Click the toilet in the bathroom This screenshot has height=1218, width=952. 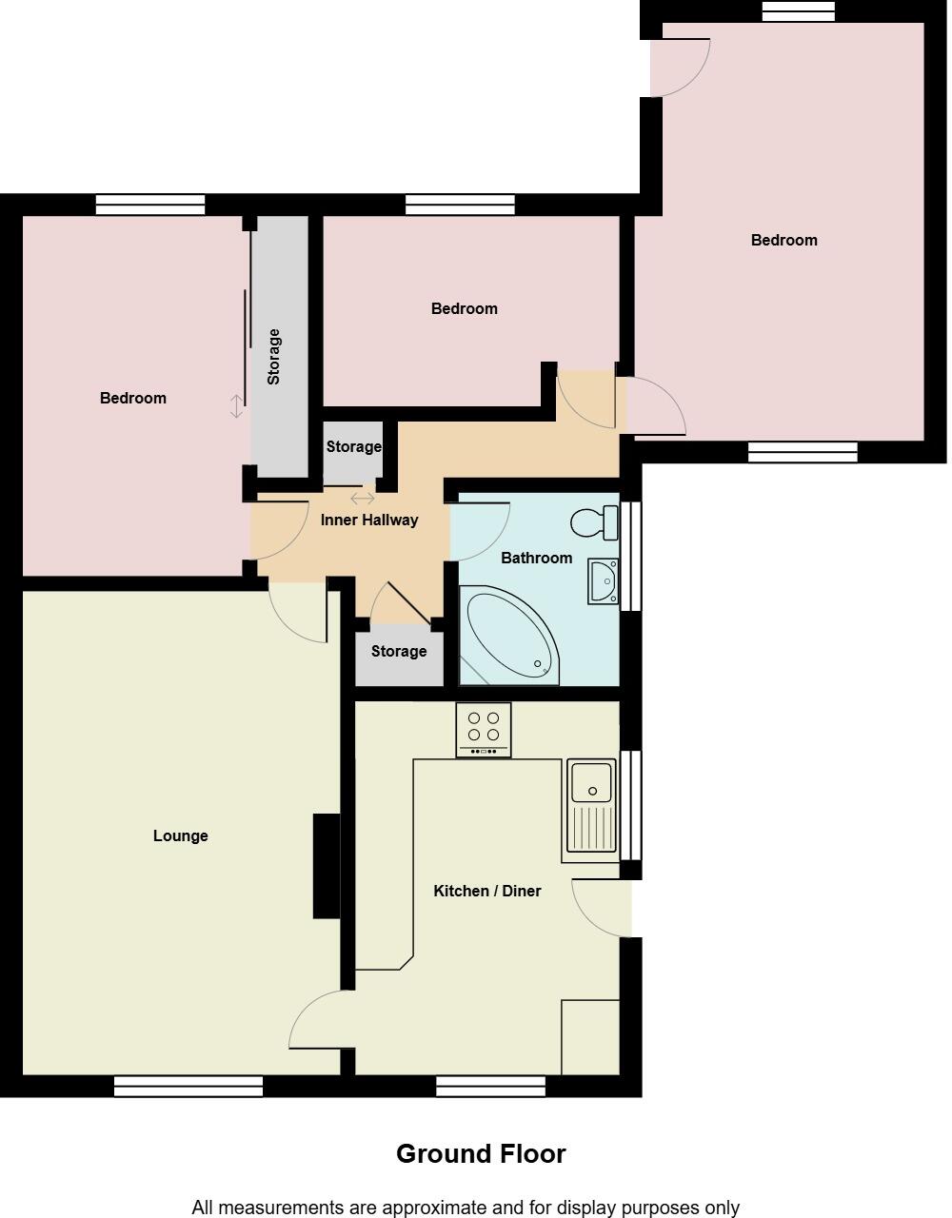(594, 522)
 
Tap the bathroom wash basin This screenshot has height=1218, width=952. (602, 580)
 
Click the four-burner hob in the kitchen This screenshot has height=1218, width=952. (484, 728)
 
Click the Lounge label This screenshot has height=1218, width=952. (180, 835)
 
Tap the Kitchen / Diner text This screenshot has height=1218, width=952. (486, 891)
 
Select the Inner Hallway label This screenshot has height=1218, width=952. (369, 520)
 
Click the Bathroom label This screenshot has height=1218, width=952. (536, 558)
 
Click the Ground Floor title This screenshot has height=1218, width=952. (481, 1153)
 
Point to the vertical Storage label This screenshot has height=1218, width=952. (274, 356)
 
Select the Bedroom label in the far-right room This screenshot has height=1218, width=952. (783, 240)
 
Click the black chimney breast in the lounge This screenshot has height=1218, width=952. (327, 866)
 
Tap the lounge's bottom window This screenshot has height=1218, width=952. (188, 1086)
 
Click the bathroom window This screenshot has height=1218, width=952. (630, 556)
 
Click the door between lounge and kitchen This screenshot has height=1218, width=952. (319, 1021)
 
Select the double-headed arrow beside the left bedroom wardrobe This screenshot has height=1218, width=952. (237, 406)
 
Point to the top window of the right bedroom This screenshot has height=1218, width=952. (798, 10)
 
